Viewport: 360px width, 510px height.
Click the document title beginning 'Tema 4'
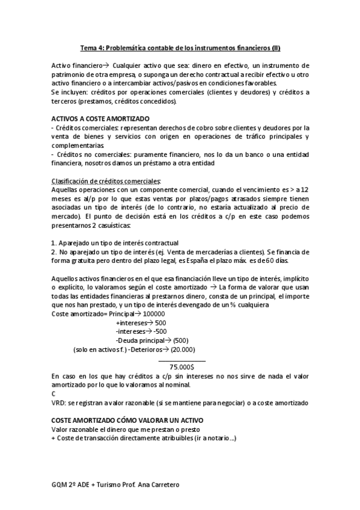[x=180, y=48]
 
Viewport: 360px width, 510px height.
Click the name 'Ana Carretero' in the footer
[x=159, y=485]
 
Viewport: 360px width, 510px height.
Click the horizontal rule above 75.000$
[x=182, y=360]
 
